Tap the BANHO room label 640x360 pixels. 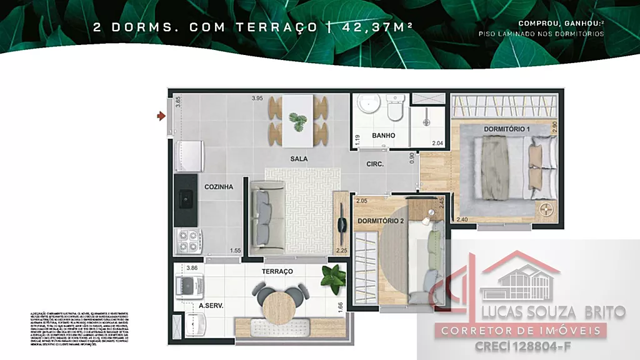(x=384, y=136)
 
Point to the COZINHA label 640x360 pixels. (x=219, y=186)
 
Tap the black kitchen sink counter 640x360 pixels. (x=187, y=199)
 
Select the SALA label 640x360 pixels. (x=299, y=159)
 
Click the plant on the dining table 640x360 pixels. (x=298, y=122)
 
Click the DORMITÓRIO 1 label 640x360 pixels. (x=507, y=129)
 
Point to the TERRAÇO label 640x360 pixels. (x=278, y=271)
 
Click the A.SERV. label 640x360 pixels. (x=212, y=306)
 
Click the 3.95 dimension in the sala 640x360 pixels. (x=257, y=98)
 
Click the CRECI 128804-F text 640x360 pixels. (x=522, y=345)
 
